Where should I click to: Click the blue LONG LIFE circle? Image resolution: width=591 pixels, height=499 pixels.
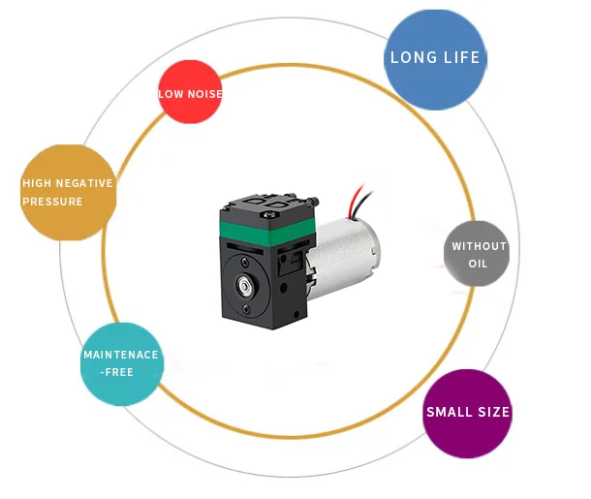434,58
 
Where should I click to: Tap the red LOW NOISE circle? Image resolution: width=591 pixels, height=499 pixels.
191,93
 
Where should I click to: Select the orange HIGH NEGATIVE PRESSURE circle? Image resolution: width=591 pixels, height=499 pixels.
68,193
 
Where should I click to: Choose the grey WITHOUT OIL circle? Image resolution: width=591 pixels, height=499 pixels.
479,255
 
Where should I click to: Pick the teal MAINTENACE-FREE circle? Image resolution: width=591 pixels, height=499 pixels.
121,363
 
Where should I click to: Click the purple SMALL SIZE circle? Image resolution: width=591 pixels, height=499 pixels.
468,413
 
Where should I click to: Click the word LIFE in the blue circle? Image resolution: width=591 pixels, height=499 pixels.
462,57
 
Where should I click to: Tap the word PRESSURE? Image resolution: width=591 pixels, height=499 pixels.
54,202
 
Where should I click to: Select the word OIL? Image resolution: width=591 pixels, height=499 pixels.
479,264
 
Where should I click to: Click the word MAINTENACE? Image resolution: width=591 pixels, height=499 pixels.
121,355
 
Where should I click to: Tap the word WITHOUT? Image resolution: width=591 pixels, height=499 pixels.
479,246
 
